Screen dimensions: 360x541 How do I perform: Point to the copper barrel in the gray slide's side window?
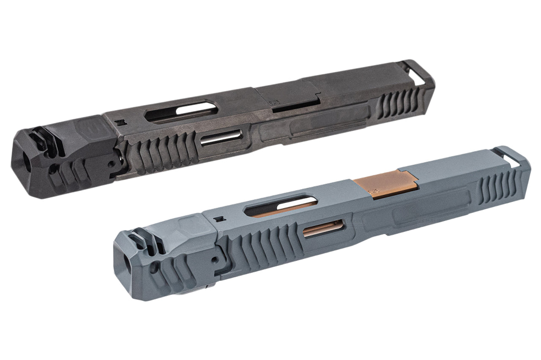[323, 230]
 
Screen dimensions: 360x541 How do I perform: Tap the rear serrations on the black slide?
[397, 105]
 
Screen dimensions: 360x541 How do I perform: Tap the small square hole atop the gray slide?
[219, 219]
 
